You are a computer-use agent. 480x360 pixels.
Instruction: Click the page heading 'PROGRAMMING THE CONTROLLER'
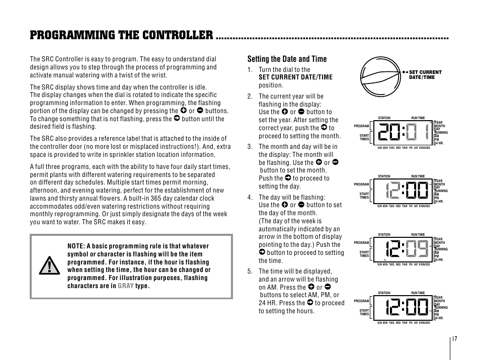point(121,35)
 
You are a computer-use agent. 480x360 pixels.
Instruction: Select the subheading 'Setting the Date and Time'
point(286,59)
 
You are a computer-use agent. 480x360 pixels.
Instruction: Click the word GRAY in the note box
point(126,286)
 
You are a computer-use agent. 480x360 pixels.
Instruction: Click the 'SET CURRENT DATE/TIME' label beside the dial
point(425,74)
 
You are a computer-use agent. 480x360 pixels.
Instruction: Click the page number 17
point(454,338)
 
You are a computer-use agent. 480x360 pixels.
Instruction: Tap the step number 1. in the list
point(250,70)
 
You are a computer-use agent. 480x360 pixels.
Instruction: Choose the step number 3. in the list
point(250,147)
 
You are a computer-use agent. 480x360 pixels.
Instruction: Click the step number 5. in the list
point(250,272)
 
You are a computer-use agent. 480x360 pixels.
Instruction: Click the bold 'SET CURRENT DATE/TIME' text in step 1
point(295,77)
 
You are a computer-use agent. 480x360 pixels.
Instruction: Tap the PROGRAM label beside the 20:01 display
point(362,126)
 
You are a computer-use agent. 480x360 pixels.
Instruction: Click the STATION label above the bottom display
point(384,293)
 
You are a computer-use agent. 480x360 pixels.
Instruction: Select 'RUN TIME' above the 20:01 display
point(418,118)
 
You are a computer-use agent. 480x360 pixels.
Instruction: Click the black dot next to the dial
point(404,72)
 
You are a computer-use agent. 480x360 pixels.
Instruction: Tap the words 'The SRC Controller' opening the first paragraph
point(55,59)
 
